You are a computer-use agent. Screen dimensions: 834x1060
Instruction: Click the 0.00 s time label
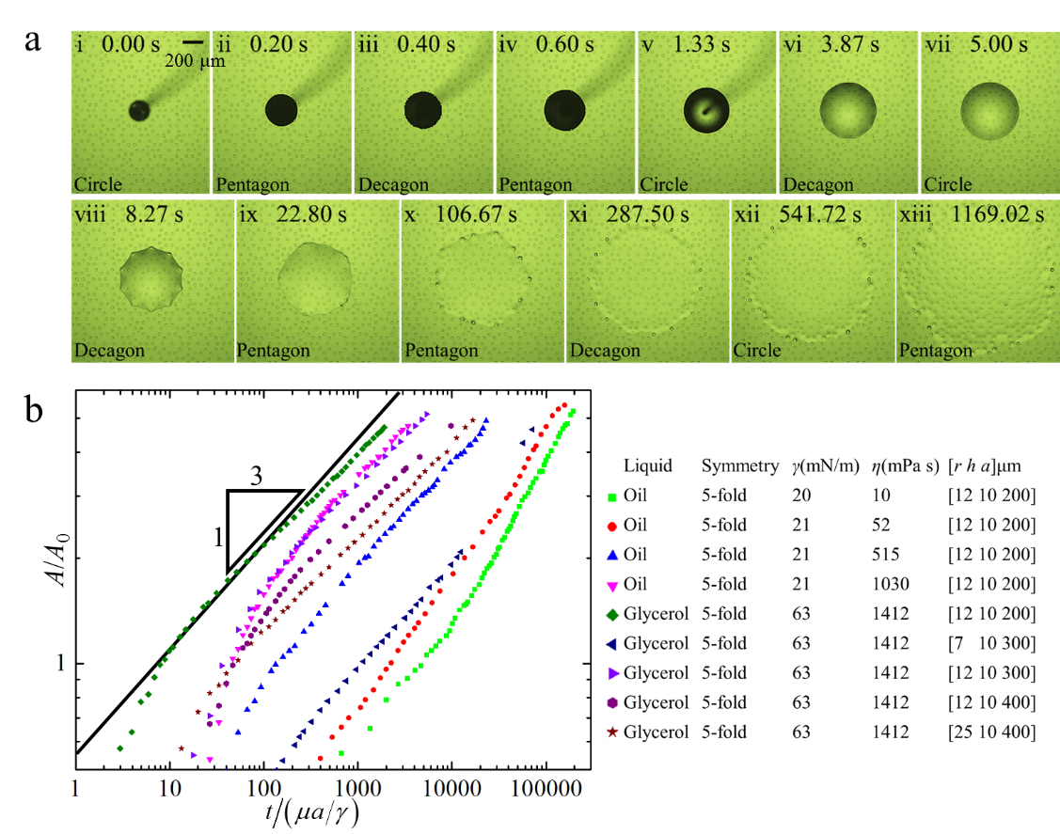tap(130, 44)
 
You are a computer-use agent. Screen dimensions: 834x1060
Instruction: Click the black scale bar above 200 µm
tap(193, 42)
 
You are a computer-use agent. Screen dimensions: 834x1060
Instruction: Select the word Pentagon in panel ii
tap(253, 185)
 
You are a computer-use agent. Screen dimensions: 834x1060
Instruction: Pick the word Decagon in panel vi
tap(818, 185)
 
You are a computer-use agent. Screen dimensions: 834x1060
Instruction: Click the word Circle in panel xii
tap(757, 351)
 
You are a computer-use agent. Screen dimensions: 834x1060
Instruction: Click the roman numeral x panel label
tap(409, 214)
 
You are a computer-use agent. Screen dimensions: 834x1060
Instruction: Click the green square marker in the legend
tap(612, 497)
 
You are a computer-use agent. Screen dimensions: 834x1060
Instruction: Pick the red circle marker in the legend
tap(612, 527)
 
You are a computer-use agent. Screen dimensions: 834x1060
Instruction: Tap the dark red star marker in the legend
tap(612, 732)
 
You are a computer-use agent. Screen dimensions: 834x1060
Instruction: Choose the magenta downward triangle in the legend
tap(612, 586)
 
